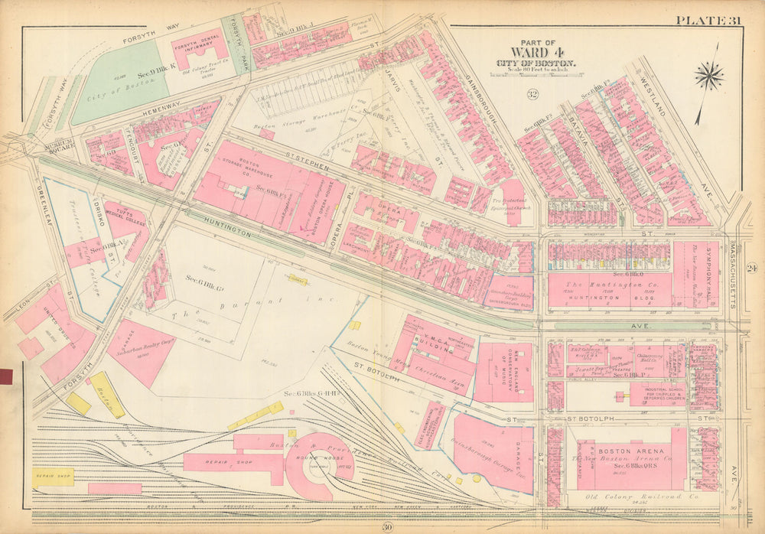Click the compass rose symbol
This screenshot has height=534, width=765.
(709, 76)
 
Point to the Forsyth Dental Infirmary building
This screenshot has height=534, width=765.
(199, 50)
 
